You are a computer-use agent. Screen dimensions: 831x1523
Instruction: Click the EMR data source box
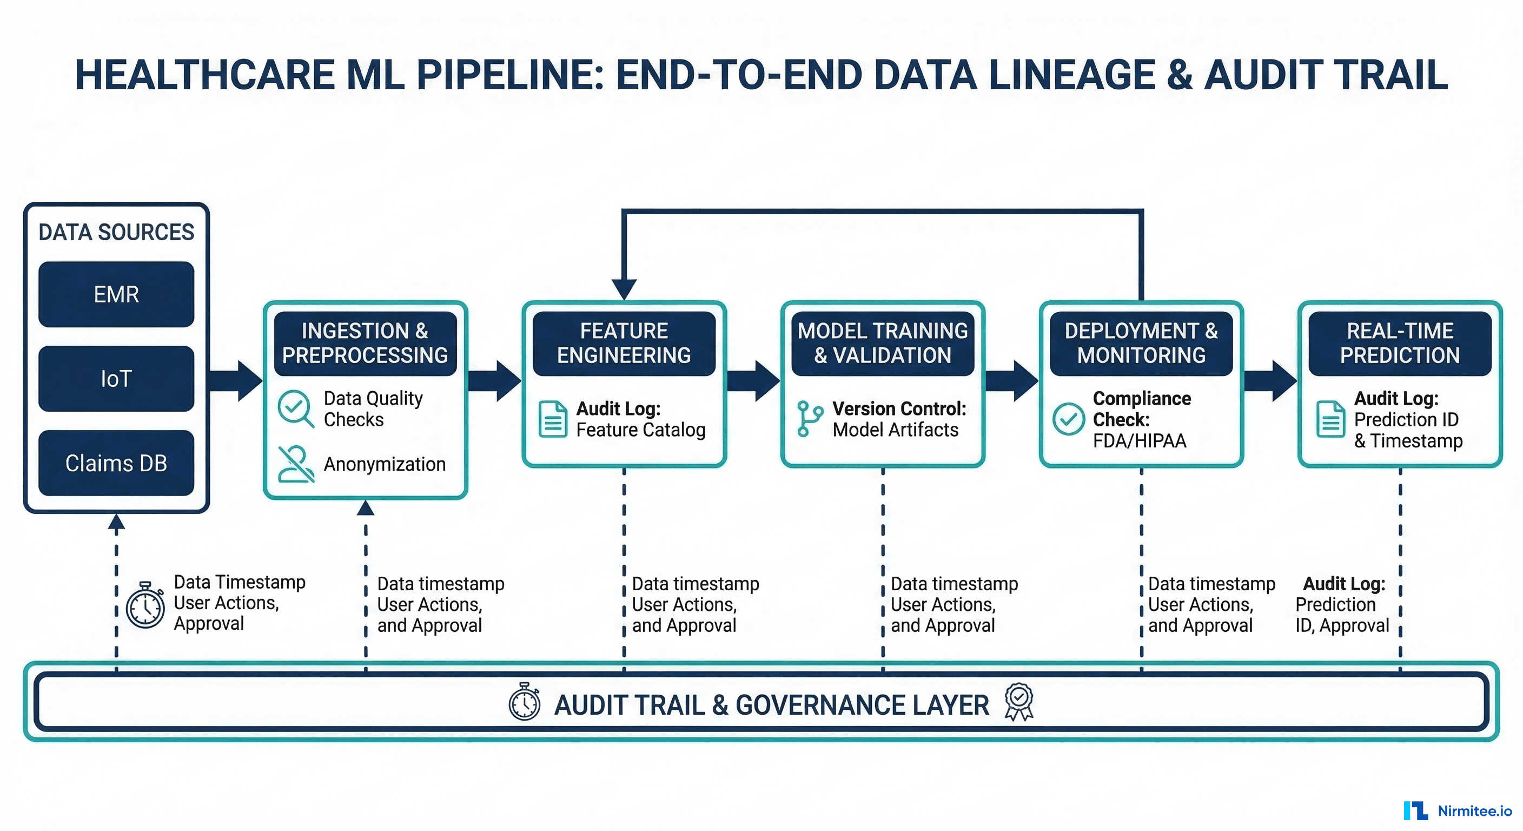tap(116, 294)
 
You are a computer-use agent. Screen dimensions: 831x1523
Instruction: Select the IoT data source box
tap(116, 379)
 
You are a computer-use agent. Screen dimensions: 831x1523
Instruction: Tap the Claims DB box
tap(116, 463)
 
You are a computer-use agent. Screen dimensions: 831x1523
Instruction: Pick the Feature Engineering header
tap(624, 343)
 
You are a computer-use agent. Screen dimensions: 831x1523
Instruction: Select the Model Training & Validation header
tap(882, 343)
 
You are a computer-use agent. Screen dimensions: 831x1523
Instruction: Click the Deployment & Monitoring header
tap(1141, 343)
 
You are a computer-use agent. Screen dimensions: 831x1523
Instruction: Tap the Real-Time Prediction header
tap(1400, 343)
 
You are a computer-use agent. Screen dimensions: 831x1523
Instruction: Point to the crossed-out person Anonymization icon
tap(296, 464)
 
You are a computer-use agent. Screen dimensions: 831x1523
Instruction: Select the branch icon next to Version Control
tap(809, 419)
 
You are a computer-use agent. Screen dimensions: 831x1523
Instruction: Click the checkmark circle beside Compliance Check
tap(1068, 419)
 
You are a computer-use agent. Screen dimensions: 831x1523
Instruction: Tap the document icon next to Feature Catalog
tap(553, 419)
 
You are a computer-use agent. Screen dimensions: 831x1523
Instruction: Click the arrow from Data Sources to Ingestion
tap(236, 380)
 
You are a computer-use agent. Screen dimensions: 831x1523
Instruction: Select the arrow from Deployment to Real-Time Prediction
tap(1270, 380)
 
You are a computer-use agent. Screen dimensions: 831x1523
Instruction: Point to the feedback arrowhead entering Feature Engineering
tap(624, 289)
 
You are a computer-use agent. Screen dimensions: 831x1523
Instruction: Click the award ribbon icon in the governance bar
tap(1019, 702)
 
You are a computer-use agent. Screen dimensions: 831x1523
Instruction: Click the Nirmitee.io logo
tap(1458, 810)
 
